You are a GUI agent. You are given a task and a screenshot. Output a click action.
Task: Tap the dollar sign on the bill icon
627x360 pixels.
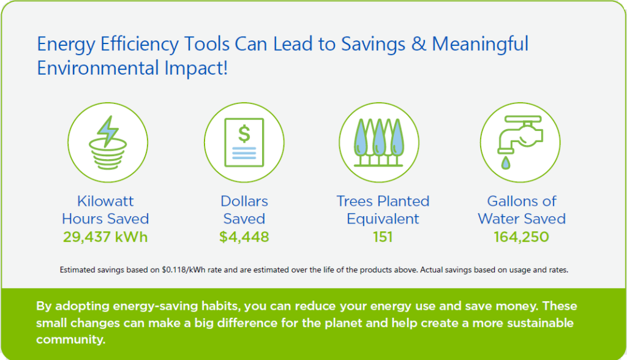point(244,132)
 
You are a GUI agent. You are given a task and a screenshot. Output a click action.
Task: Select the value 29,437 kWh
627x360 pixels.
point(105,237)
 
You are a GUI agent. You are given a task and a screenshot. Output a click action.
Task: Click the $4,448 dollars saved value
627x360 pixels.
point(244,237)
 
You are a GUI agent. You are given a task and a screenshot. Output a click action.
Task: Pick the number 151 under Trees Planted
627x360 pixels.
point(383,237)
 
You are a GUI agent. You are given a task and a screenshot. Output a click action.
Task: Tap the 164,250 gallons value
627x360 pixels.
point(522,237)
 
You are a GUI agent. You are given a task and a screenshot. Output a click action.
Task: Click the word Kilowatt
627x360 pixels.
point(105,201)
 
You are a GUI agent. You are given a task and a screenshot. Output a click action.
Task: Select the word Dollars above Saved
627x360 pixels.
point(244,201)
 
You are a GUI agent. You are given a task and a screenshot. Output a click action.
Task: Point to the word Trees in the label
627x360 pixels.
point(355,201)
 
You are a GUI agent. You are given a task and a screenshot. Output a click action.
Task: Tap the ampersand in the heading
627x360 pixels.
point(418,44)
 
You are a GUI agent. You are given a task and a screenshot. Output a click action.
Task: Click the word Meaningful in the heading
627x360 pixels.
point(480,44)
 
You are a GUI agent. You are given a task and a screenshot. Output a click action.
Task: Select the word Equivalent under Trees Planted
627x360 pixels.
point(383,219)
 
